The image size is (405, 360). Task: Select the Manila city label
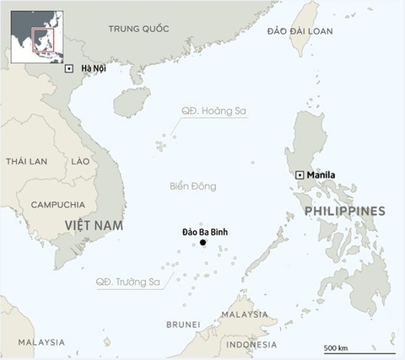[x=321, y=175]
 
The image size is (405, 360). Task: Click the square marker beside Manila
[x=300, y=175]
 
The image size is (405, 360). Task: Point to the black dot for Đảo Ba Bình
[x=202, y=244]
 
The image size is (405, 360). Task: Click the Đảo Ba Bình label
[x=205, y=232]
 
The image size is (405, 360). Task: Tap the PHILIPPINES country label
[x=344, y=211]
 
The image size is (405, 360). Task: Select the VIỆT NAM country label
[x=94, y=226]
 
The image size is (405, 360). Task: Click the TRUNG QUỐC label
[x=138, y=30]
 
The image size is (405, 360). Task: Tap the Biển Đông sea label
[x=192, y=186]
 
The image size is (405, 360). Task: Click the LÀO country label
[x=80, y=161]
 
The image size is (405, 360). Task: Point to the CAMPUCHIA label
[x=57, y=205]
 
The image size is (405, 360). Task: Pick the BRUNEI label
[x=183, y=325]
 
